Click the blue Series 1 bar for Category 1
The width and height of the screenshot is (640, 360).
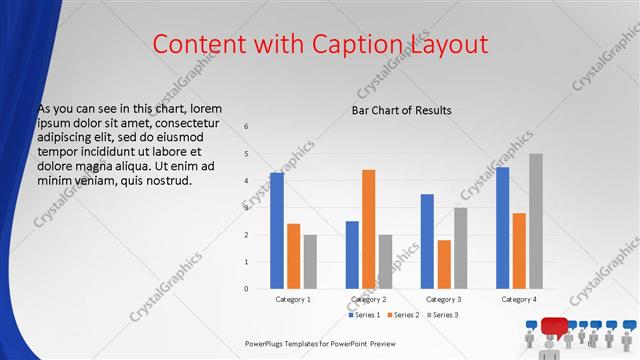[x=276, y=231]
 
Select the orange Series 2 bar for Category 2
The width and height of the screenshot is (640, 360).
[x=368, y=229]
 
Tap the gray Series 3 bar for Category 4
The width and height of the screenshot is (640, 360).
[x=536, y=221]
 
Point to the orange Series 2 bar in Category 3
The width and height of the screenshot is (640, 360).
[x=444, y=264]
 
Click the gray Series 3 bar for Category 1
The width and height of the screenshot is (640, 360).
[x=310, y=262]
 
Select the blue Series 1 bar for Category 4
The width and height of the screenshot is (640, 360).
[x=502, y=228]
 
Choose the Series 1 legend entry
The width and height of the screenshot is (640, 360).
[x=364, y=315]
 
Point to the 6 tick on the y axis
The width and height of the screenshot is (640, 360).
[x=246, y=126]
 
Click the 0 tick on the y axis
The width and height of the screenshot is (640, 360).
[x=246, y=289]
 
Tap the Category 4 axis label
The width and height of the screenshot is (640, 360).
[x=519, y=300]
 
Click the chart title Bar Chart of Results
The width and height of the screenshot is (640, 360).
[x=401, y=110]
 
